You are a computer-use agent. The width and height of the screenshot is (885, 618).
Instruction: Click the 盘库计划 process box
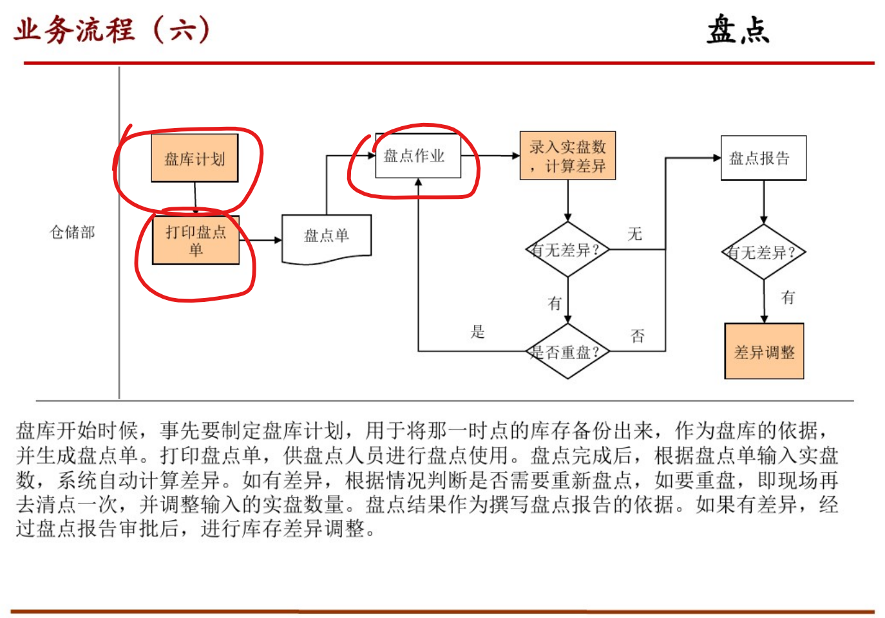195,158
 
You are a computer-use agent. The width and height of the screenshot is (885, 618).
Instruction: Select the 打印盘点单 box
196,240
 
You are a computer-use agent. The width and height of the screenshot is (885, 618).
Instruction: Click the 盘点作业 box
418,156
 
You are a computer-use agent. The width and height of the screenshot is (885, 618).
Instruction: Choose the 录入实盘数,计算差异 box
567,156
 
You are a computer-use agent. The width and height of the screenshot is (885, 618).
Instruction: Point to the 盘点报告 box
763,158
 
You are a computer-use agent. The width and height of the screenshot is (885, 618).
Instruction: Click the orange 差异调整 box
764,351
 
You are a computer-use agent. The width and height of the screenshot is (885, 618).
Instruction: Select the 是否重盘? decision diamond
567,351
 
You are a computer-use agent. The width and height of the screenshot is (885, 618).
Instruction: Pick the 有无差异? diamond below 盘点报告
763,252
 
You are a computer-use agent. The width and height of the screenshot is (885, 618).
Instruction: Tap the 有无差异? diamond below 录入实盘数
567,250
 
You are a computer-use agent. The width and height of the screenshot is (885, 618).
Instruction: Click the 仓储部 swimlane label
72,232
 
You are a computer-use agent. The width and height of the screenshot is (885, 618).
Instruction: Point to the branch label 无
635,234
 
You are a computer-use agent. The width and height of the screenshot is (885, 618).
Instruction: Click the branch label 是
477,332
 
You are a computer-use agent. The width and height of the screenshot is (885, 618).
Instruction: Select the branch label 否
638,335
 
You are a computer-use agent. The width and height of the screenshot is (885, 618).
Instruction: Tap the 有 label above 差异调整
788,297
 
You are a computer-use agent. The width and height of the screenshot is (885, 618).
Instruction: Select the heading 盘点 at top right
738,30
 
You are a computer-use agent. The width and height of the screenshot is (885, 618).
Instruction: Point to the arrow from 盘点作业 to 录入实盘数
490,156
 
